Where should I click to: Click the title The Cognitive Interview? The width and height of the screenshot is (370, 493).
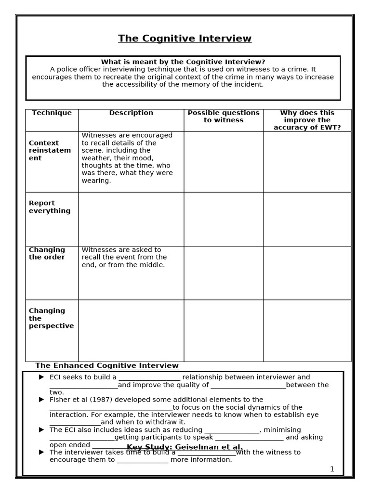click(x=185, y=39)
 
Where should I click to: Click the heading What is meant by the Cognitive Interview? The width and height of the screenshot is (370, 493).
click(x=183, y=62)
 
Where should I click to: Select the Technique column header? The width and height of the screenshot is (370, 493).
click(x=52, y=113)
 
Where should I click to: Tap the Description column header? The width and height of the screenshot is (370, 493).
click(x=131, y=113)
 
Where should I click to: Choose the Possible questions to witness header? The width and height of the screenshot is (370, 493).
click(x=224, y=117)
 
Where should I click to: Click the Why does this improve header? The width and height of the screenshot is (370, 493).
click(x=307, y=120)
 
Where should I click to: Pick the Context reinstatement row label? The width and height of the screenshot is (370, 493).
click(x=50, y=151)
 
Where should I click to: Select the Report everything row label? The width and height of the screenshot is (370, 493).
click(x=49, y=207)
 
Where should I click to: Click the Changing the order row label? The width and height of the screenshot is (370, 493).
click(x=47, y=253)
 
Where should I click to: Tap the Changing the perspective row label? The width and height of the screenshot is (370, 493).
click(x=51, y=318)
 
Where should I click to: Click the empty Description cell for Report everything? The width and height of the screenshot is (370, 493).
click(x=131, y=219)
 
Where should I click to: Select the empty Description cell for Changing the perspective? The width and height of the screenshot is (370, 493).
click(x=131, y=331)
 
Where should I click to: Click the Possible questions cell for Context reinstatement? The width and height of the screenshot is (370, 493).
click(x=224, y=162)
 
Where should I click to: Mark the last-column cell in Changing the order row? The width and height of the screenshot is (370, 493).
click(x=307, y=273)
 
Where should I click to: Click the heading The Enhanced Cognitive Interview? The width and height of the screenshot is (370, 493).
click(x=107, y=366)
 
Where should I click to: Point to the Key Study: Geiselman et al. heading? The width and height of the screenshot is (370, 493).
click(x=185, y=447)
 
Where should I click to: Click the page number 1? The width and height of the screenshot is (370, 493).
click(x=332, y=469)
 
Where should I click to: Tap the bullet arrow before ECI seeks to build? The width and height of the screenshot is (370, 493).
click(x=41, y=377)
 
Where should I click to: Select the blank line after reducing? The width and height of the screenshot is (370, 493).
click(x=232, y=430)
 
